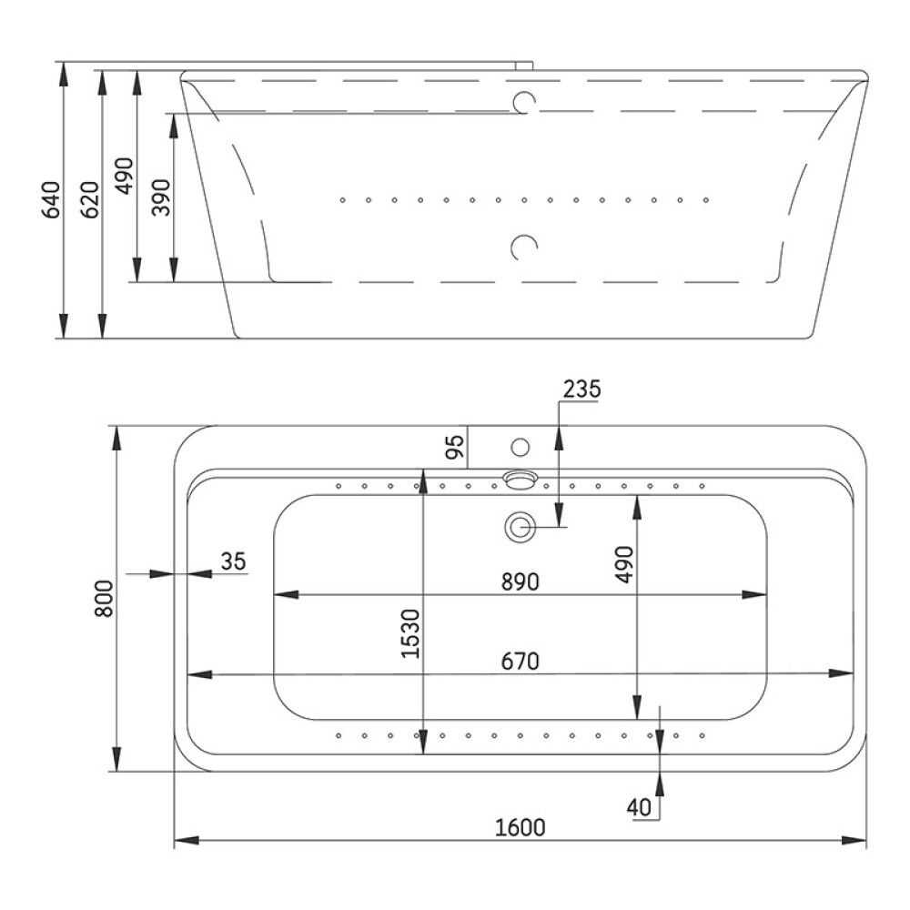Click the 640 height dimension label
point(52,199)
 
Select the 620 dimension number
point(90,199)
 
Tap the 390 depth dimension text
point(161,197)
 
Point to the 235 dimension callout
point(581,389)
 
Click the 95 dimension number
point(455,447)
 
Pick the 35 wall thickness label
point(233,561)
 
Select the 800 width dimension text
point(104,599)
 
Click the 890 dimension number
point(520,581)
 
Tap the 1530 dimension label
point(410,633)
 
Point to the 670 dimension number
point(520,661)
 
